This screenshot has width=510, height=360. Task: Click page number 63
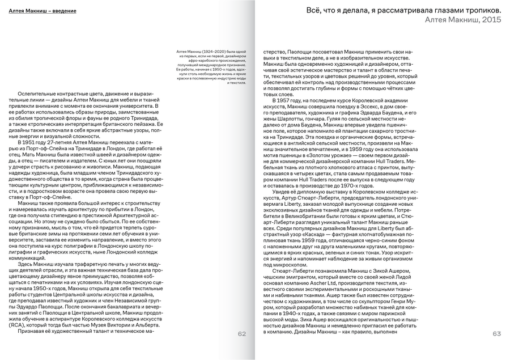tap(496, 333)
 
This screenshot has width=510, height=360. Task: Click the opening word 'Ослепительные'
tap(39, 93)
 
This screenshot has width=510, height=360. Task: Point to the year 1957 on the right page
tap(286, 100)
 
